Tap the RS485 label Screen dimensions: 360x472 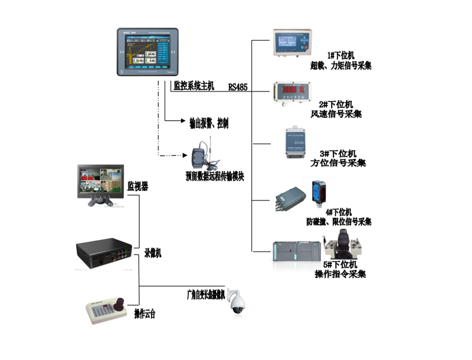click(238, 87)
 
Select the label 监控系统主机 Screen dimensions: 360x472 click(195, 86)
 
